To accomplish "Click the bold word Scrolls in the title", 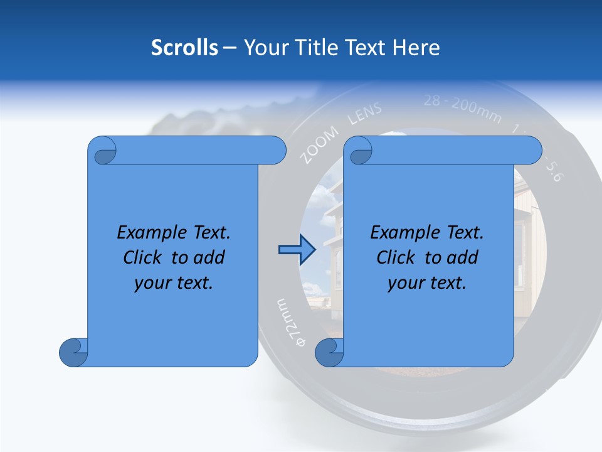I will [184, 48].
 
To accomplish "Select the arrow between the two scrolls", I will [295, 250].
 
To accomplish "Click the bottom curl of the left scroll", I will [73, 353].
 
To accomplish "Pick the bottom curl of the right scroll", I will [329, 353].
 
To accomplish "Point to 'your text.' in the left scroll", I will [174, 283].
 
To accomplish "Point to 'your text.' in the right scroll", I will [427, 283].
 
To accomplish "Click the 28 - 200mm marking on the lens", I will [462, 107].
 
